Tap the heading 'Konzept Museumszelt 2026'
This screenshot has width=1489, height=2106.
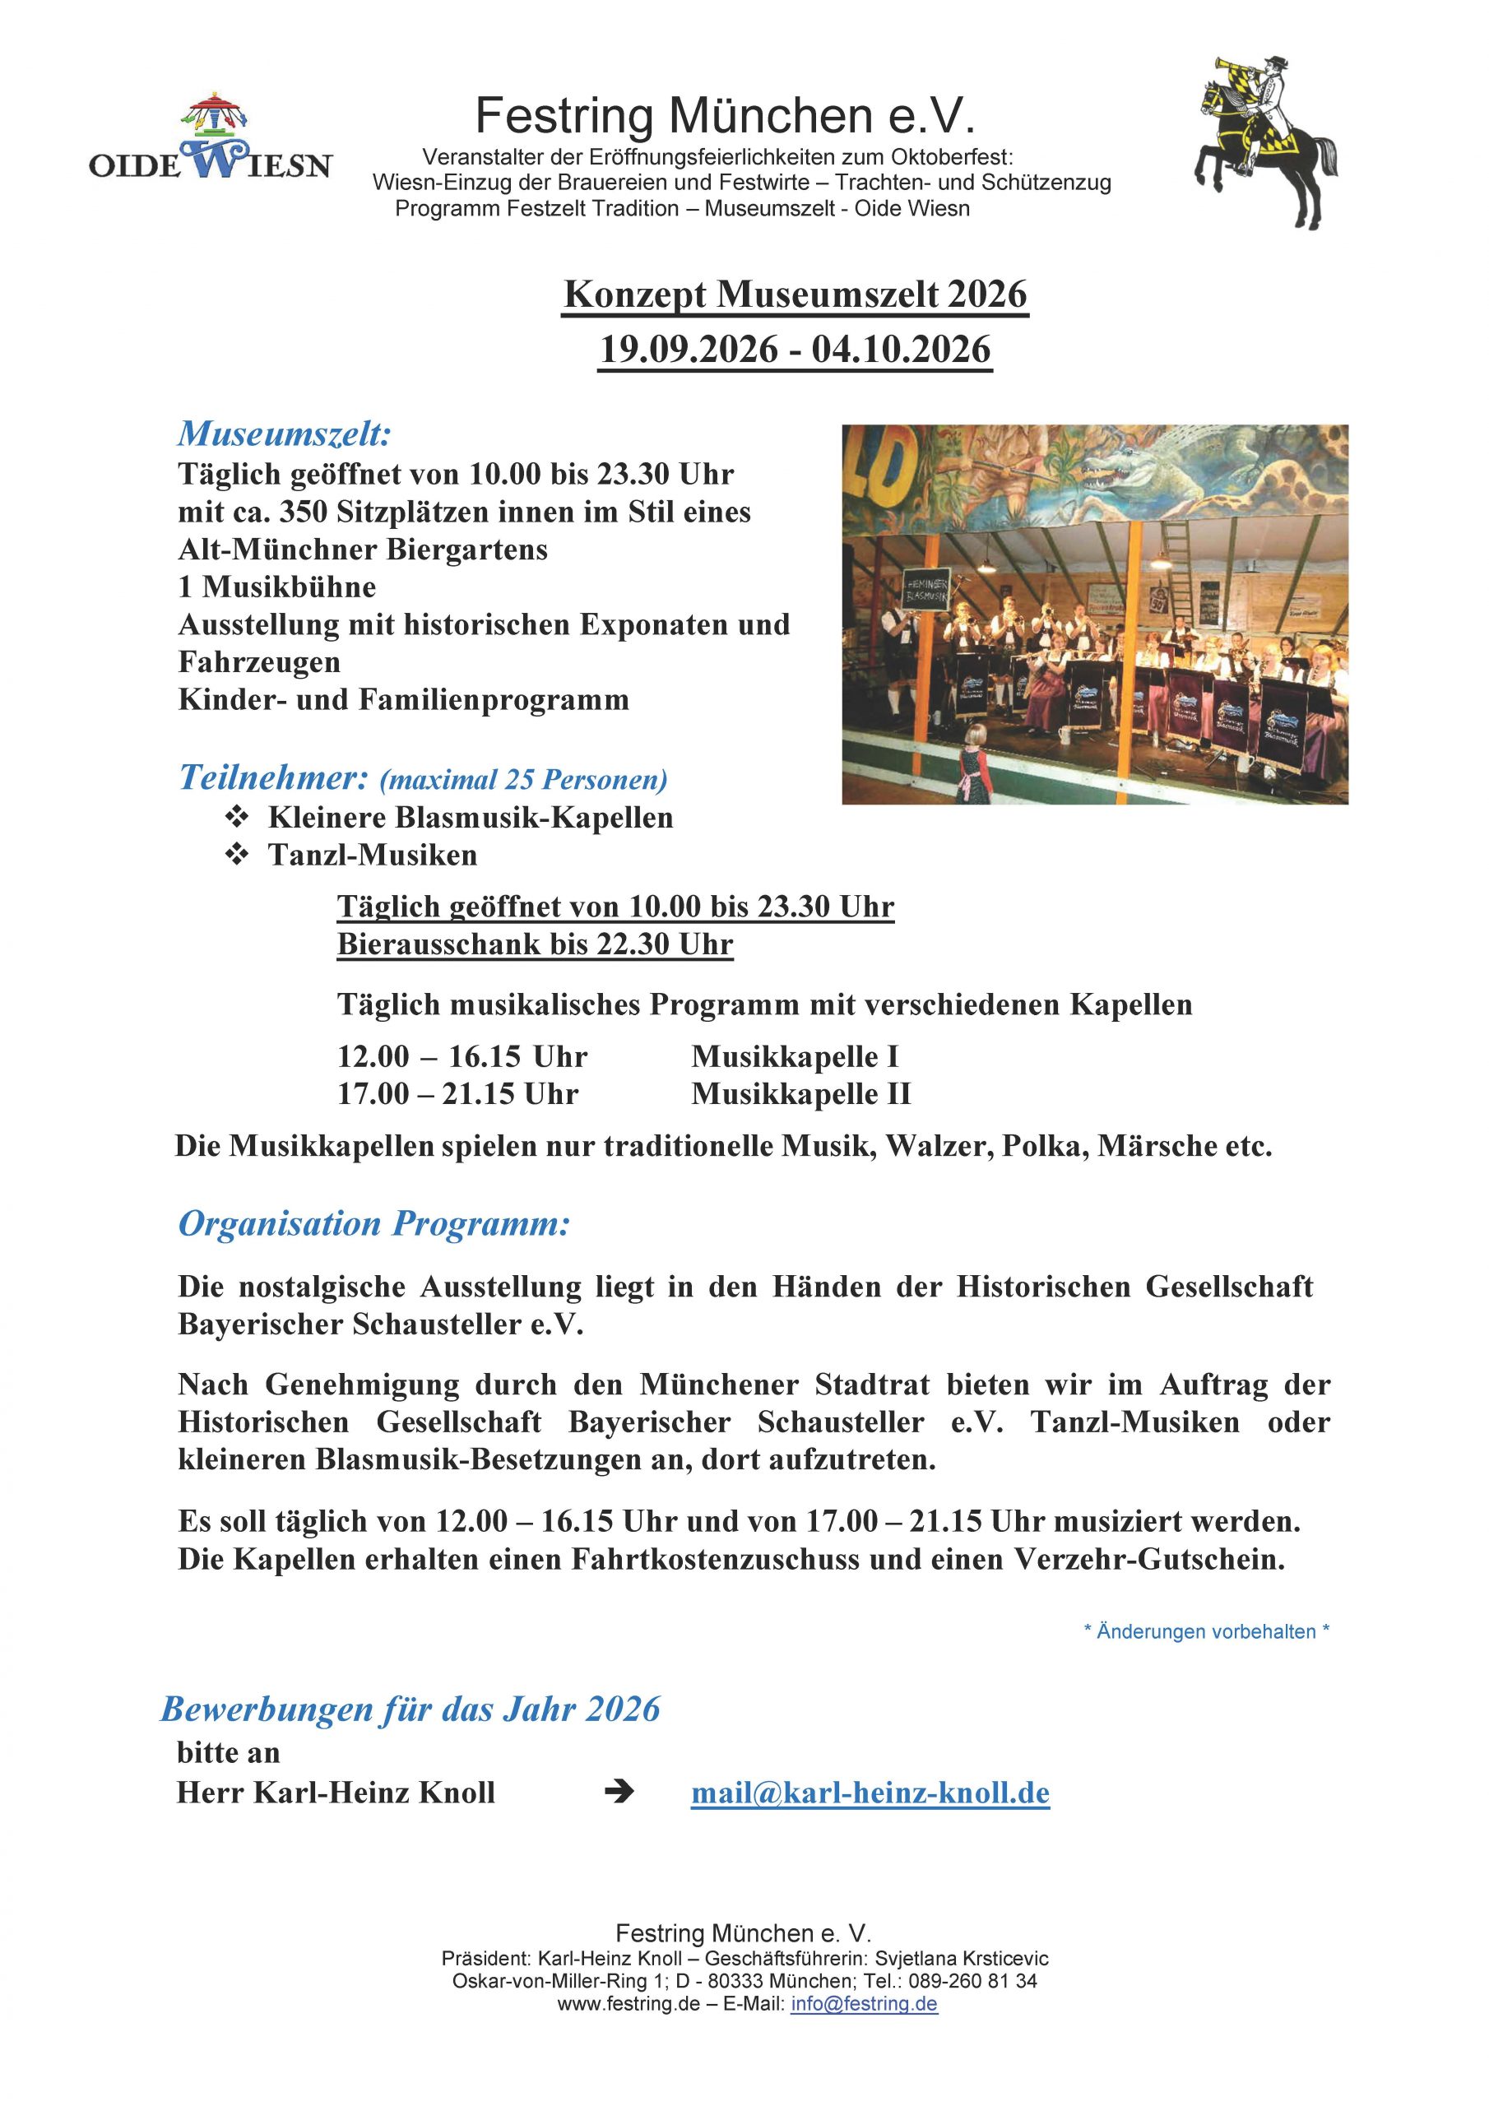click(795, 295)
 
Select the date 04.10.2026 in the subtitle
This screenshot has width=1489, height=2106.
click(900, 350)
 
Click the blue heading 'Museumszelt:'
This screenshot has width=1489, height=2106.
click(285, 433)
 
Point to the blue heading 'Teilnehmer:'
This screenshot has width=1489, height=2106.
click(272, 778)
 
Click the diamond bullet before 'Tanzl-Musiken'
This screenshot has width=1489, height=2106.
click(237, 855)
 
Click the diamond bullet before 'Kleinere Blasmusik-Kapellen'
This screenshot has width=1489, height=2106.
click(237, 816)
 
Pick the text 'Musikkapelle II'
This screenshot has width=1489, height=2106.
click(800, 1094)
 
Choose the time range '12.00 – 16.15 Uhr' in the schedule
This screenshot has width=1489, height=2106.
click(462, 1056)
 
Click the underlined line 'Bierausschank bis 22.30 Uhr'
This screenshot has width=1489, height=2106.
click(535, 944)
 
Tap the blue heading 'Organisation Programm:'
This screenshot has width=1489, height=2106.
click(373, 1223)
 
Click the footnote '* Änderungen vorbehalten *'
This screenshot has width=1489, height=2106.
click(1205, 1631)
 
